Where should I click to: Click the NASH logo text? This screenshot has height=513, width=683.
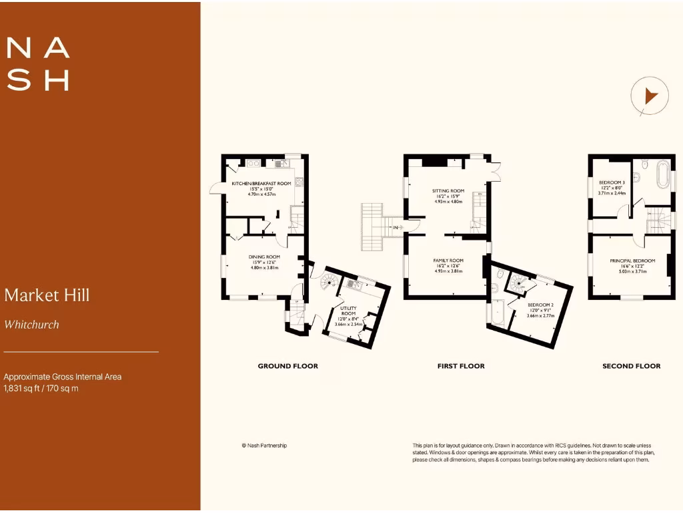click(38, 64)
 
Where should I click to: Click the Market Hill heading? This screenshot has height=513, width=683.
click(47, 295)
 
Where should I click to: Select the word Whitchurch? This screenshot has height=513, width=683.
click(31, 325)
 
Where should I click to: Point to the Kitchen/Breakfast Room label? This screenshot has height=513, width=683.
click(261, 183)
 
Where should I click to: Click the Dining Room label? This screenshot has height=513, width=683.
click(264, 256)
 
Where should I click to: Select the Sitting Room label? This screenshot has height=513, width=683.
click(448, 190)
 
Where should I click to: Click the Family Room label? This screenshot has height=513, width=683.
click(448, 261)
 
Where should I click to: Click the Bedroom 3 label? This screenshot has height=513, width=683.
click(611, 182)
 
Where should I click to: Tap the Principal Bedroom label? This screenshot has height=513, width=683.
click(632, 261)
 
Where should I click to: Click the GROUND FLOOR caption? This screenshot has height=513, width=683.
click(287, 366)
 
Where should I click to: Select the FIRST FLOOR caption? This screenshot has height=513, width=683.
click(461, 366)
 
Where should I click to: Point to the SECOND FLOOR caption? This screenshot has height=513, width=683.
click(631, 366)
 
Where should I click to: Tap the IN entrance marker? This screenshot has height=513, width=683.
click(396, 228)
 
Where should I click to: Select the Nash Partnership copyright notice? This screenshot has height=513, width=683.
click(264, 446)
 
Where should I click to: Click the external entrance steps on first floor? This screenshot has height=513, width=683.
click(372, 227)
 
